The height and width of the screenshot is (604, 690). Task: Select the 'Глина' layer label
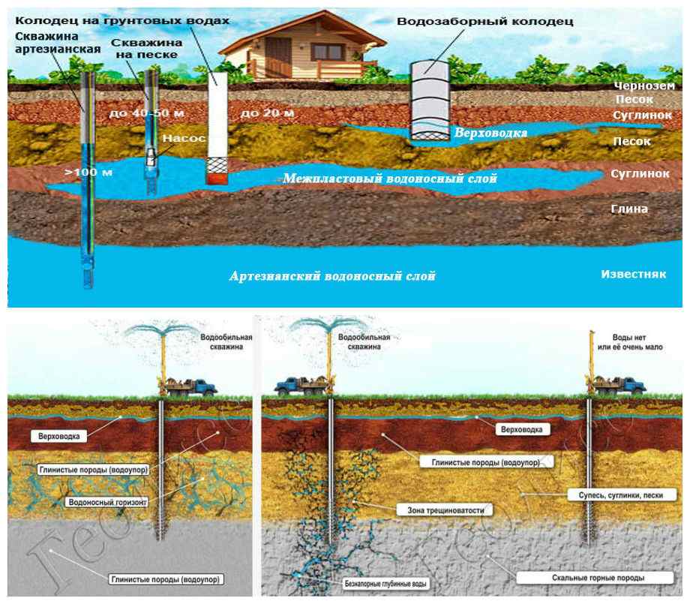click(x=629, y=209)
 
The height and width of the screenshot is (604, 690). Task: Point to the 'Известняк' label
click(x=634, y=274)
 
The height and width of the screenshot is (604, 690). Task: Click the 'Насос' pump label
click(x=179, y=139)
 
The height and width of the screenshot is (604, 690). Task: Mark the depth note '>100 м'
click(x=88, y=173)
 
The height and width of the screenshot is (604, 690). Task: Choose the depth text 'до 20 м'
click(x=267, y=113)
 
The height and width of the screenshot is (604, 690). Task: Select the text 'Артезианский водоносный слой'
click(x=332, y=276)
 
